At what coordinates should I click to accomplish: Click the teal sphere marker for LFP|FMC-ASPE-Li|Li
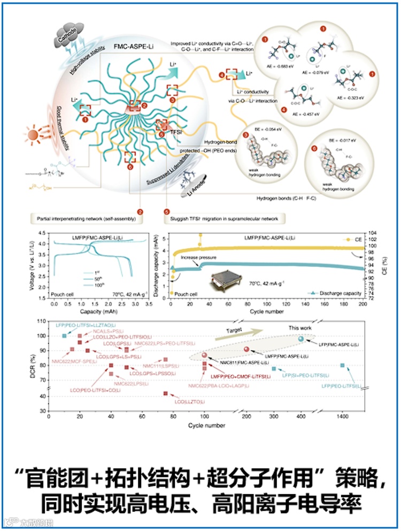point(300,339)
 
